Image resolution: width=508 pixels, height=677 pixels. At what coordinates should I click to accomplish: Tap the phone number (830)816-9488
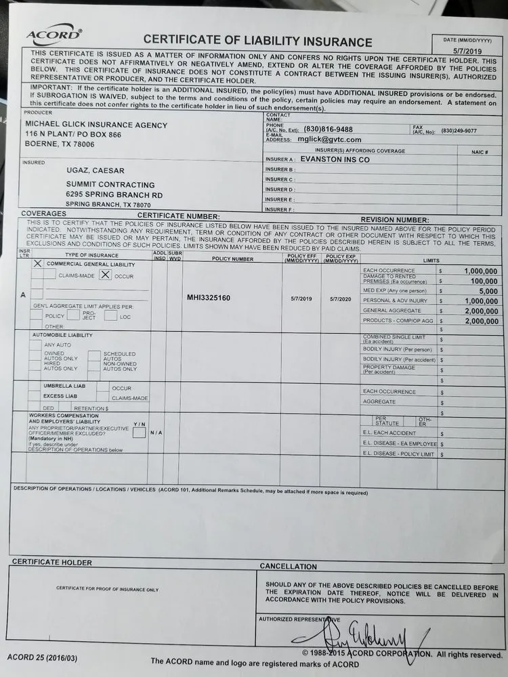coord(328,129)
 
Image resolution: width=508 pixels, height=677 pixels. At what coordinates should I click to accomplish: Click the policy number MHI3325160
coord(209,298)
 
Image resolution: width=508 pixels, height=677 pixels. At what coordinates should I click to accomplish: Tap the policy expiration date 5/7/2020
coord(341,299)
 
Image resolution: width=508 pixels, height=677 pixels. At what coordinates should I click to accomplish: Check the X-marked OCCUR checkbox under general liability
coord(105,275)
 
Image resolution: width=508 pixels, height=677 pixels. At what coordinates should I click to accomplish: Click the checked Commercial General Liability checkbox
coord(38,264)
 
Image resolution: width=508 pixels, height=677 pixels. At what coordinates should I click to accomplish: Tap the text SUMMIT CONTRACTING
coord(110,185)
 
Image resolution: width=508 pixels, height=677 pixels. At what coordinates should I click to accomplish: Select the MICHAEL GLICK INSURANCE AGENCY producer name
coord(96,125)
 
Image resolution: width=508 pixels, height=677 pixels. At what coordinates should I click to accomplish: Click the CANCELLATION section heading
coord(288,566)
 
